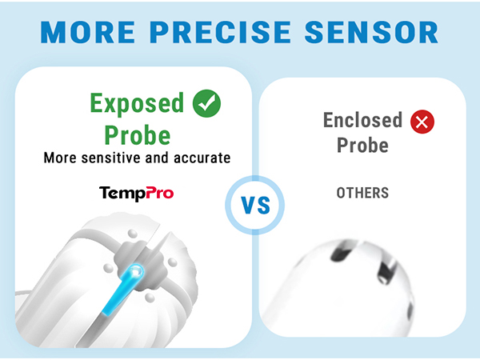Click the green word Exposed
coord(137,105)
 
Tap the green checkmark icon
coord(207,103)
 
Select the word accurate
coord(201,158)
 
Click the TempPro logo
coord(136,193)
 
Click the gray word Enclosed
coord(362,121)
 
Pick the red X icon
coord(421,122)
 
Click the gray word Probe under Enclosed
coord(362,146)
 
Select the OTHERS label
coord(362,194)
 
